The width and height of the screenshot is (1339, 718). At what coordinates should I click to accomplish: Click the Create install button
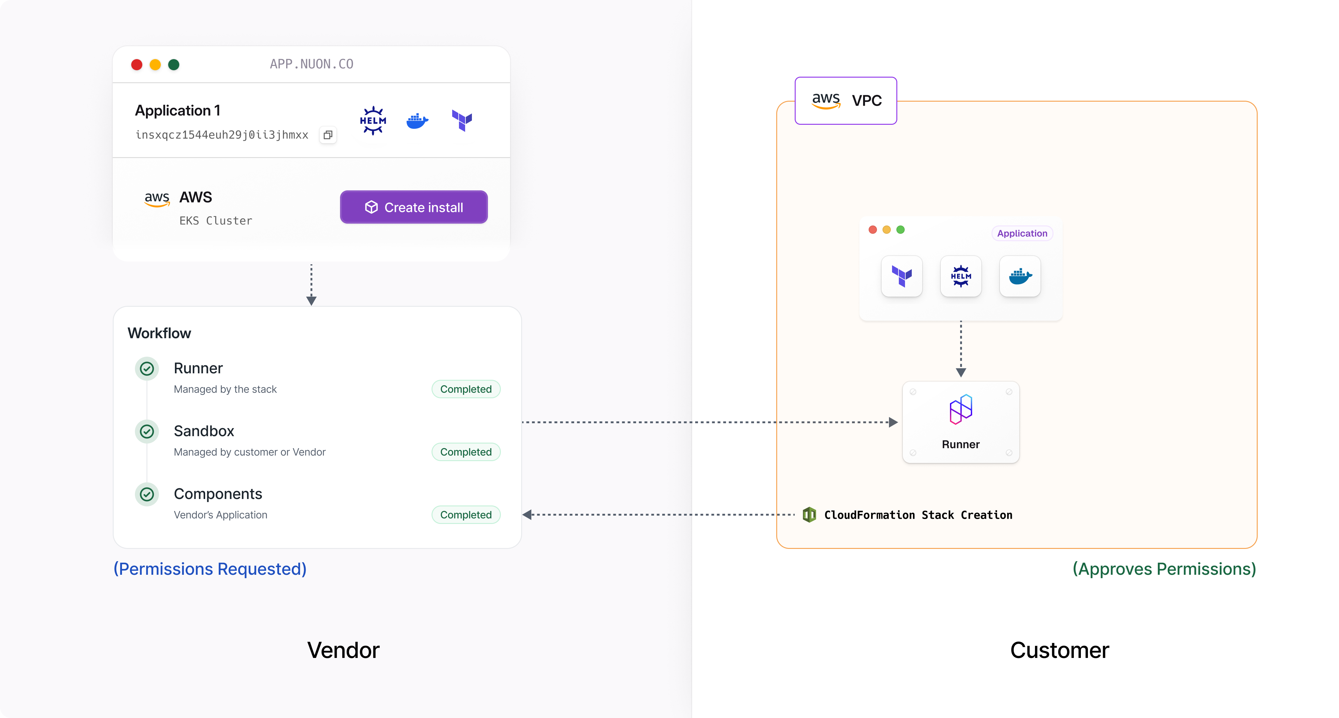[x=414, y=207]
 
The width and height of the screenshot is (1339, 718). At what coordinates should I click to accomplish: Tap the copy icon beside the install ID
[x=328, y=135]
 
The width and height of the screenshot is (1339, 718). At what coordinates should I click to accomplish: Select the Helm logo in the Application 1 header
[x=373, y=121]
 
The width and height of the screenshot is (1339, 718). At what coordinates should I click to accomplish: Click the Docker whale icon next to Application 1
[x=417, y=121]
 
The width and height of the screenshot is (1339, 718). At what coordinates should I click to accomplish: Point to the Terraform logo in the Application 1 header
[x=461, y=121]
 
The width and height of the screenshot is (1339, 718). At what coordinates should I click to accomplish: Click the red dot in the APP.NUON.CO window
[x=137, y=64]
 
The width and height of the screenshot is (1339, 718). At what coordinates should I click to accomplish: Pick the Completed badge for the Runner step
[x=466, y=389]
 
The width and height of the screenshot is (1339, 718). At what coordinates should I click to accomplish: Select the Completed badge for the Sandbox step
[x=466, y=452]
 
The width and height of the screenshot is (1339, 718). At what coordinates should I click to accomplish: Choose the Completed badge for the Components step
[x=466, y=515]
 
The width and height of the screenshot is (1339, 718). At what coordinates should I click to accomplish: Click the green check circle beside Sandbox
[x=147, y=432]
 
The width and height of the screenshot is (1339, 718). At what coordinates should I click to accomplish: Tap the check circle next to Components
[x=147, y=494]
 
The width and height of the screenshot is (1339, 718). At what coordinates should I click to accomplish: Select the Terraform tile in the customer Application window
[x=902, y=276]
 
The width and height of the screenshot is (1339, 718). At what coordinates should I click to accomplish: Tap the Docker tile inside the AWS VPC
[x=1020, y=276]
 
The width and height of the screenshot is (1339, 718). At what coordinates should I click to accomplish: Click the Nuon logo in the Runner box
[x=960, y=409]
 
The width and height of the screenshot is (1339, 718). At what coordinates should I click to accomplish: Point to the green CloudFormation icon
[x=809, y=515]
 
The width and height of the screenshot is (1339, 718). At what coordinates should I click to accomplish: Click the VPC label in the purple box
[x=866, y=100]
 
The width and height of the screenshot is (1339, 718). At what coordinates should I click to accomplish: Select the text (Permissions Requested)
[x=210, y=569]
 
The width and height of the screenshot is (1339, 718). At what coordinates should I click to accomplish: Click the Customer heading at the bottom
[x=1059, y=650]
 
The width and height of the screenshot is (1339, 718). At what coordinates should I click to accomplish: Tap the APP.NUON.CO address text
[x=311, y=64]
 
